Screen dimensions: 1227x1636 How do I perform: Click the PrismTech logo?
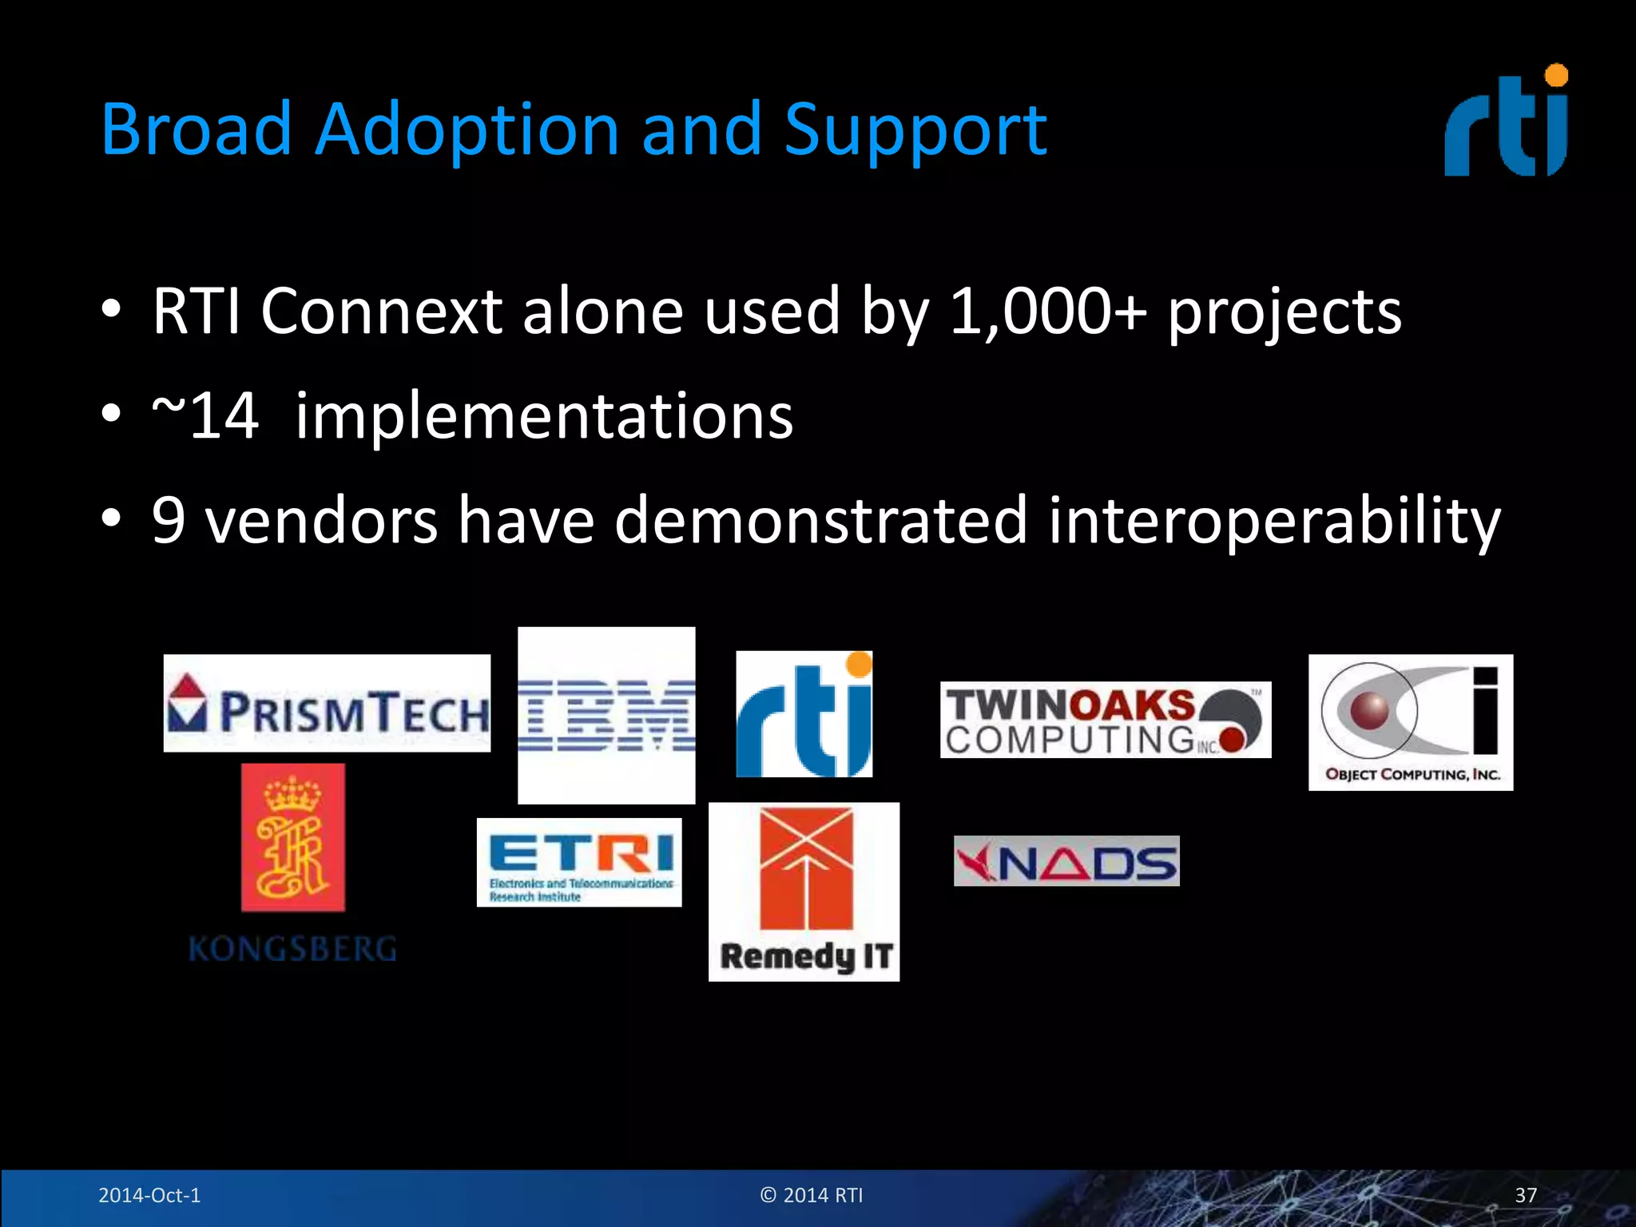tap(327, 704)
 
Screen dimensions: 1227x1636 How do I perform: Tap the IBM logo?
tap(606, 715)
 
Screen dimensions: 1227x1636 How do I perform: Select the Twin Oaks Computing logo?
tap(1105, 720)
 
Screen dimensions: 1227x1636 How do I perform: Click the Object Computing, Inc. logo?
tap(1410, 722)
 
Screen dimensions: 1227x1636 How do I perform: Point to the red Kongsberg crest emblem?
tap(293, 837)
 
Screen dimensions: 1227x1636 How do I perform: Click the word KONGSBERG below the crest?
tap(292, 950)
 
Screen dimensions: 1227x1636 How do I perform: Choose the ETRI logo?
tap(579, 863)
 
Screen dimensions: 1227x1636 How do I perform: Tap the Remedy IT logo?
tap(804, 892)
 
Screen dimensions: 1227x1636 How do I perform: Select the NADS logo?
tap(1066, 861)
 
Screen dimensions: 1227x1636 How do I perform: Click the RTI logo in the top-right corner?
tap(1507, 121)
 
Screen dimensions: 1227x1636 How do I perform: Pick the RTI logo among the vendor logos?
tap(804, 714)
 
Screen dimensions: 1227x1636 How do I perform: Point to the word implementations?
tap(544, 416)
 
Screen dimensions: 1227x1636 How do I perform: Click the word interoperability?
tap(1274, 521)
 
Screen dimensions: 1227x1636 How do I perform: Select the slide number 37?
tap(1526, 1195)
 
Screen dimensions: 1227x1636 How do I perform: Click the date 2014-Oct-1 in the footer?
tap(149, 1195)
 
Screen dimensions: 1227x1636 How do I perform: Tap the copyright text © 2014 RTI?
tap(812, 1195)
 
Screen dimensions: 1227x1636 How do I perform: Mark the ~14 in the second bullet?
tap(205, 416)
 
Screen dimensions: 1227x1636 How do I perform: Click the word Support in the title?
tap(915, 129)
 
